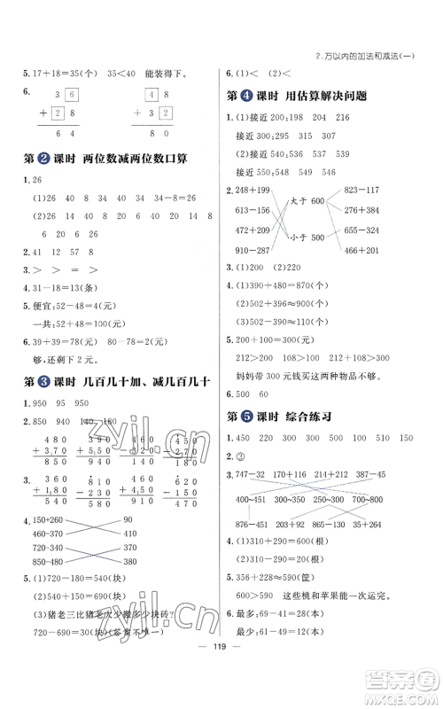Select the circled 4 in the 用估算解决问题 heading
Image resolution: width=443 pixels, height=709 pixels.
click(x=262, y=98)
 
